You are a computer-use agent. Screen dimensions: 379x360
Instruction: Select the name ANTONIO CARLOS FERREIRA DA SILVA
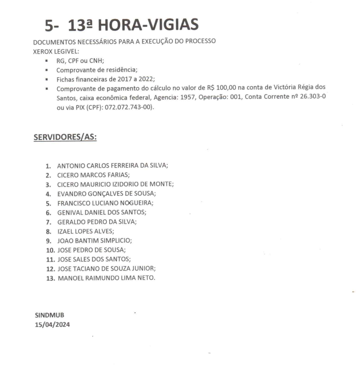tap(112, 165)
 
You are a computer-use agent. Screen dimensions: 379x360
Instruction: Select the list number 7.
tap(49, 222)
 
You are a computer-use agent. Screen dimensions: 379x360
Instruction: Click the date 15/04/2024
tap(53, 325)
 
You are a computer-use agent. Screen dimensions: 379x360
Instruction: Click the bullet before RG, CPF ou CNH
tap(47, 61)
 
